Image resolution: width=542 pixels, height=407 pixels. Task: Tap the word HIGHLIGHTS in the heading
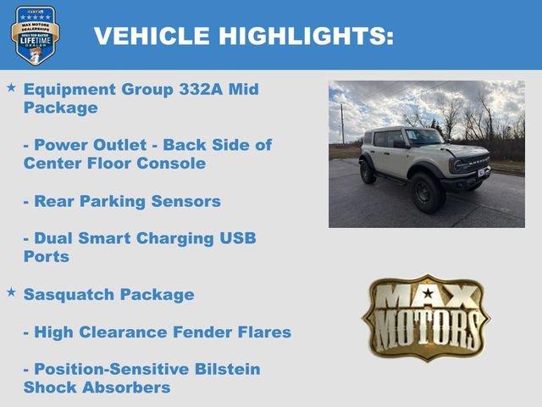306,36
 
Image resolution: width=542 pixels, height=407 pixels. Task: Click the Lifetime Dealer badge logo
35,36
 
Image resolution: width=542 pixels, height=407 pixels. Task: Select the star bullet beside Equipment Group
11,87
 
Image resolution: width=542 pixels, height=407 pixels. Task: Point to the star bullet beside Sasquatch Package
11,292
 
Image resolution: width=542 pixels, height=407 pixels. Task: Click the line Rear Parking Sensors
122,201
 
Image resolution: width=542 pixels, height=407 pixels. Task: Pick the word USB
238,238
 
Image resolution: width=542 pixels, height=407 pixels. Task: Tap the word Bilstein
222,369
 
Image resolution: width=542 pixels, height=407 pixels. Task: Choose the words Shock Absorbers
97,387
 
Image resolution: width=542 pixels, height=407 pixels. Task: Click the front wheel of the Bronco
427,193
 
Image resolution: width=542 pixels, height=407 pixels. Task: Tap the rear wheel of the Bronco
368,171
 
